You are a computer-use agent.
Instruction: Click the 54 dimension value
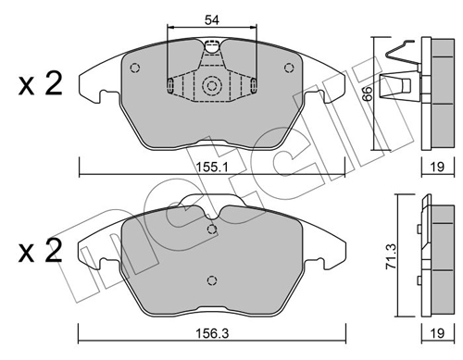coord(212,20)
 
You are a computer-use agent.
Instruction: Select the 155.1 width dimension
coord(212,168)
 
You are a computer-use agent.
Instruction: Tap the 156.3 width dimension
coord(212,333)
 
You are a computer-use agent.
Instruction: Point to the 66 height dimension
coord(367,93)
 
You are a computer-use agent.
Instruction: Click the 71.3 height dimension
coord(392,255)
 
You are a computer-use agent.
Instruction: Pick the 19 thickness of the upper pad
coord(437,167)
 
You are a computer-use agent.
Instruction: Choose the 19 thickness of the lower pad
coord(437,333)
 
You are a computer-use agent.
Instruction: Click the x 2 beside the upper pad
coord(40,83)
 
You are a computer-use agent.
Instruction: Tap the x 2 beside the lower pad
coord(40,251)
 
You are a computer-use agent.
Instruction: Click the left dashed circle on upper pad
coord(135,68)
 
